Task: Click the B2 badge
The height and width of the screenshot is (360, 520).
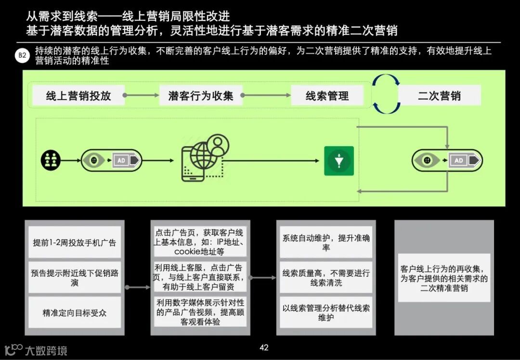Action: [22, 56]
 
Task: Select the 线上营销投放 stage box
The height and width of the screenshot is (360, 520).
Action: [78, 96]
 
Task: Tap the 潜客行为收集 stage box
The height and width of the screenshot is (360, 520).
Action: [201, 96]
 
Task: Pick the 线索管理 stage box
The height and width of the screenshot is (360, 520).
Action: [327, 96]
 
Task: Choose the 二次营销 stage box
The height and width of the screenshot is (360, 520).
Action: [439, 96]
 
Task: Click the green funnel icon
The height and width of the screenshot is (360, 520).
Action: [339, 161]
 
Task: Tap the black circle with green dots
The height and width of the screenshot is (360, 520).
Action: [51, 160]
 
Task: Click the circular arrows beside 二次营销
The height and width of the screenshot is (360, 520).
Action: [386, 94]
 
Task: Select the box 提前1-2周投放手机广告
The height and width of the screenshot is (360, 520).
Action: [75, 242]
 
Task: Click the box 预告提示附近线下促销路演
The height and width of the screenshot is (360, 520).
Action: [75, 278]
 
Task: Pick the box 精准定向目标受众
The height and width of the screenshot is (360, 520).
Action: [75, 313]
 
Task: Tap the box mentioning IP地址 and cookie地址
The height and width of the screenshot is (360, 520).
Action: [200, 242]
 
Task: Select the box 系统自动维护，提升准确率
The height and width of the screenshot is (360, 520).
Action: [326, 242]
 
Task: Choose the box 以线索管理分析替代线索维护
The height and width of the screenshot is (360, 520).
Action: [326, 313]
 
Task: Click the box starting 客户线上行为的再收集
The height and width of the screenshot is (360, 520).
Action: [444, 278]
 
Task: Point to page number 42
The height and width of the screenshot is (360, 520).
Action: [263, 347]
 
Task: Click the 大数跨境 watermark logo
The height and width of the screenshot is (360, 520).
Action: [36, 350]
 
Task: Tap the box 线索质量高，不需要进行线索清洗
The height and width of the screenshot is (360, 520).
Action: [326, 278]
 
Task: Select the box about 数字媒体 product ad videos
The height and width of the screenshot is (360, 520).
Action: [200, 312]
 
